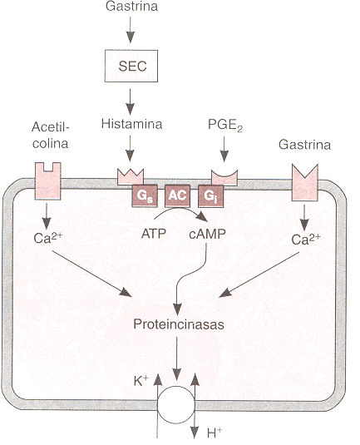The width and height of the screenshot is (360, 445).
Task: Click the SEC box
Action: (x=131, y=66)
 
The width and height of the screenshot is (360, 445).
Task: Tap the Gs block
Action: (x=144, y=195)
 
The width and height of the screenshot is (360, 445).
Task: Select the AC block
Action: (x=177, y=195)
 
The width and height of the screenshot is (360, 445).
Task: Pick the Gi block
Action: (x=210, y=195)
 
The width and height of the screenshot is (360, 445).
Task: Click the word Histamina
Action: (x=131, y=124)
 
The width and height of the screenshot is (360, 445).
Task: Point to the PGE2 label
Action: (x=225, y=125)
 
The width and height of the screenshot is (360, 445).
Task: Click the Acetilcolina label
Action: (x=51, y=135)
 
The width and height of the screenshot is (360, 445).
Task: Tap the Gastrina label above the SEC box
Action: (x=131, y=7)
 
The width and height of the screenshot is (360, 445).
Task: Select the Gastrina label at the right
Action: (x=304, y=145)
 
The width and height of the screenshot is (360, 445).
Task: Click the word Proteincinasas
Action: (x=179, y=324)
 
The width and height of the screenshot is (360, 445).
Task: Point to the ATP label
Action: (x=154, y=234)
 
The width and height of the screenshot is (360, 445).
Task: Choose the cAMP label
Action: (x=207, y=234)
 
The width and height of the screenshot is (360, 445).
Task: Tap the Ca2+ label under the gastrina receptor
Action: (x=306, y=240)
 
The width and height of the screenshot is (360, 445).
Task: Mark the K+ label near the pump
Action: (x=141, y=381)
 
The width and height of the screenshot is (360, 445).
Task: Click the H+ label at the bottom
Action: (x=215, y=433)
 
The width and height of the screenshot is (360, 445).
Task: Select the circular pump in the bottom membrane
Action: (x=176, y=405)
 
